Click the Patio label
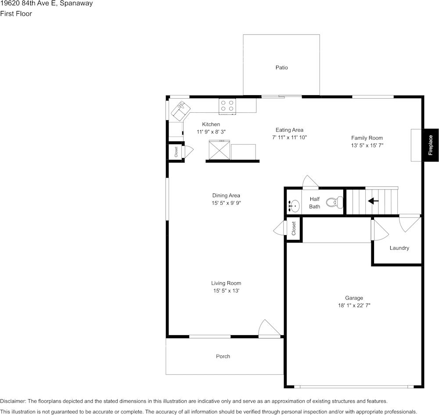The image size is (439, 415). coord(281,68)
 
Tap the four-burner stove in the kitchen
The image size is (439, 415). coord(227,106)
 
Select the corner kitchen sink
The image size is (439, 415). coord(181,111)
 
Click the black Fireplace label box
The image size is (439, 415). coord(431,145)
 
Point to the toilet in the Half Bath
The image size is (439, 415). coord(335,202)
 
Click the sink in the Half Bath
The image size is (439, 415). coord(293,206)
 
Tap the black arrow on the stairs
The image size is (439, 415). coord(373,200)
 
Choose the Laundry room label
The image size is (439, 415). coord(399,248)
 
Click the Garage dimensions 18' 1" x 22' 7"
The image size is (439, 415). coord(354,305)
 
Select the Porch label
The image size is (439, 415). coord(223,356)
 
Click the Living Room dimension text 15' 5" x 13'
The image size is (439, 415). coord(226,291)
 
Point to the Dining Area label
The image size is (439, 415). coord(226,195)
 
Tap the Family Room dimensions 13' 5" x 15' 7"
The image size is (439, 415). coord(367,145)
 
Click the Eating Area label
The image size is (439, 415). coord(289,130)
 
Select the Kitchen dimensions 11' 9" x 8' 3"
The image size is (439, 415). coord(211,132)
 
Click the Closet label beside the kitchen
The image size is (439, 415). coord(176,152)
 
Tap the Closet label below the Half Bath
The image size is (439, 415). coord(293,229)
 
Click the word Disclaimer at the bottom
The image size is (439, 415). coord(13,401)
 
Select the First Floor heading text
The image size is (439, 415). coord(16,14)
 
